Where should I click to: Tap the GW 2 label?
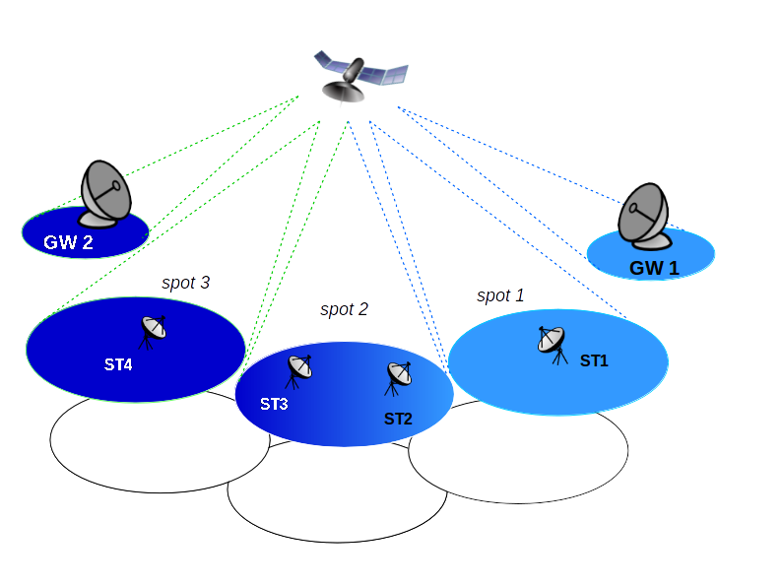[68, 242]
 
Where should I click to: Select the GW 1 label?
[654, 268]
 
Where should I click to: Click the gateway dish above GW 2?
[105, 194]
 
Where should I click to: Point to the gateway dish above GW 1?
[644, 216]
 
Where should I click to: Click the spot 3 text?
[185, 283]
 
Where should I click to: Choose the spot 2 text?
[344, 309]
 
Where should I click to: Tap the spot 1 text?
[500, 295]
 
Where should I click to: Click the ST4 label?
[118, 364]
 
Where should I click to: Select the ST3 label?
[274, 404]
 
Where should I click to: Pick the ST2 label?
[398, 419]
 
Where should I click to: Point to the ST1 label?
[594, 360]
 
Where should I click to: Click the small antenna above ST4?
[153, 332]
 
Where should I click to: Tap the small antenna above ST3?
[298, 371]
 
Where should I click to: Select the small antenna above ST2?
[398, 378]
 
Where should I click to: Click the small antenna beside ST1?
[553, 345]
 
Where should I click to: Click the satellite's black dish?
[343, 92]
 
